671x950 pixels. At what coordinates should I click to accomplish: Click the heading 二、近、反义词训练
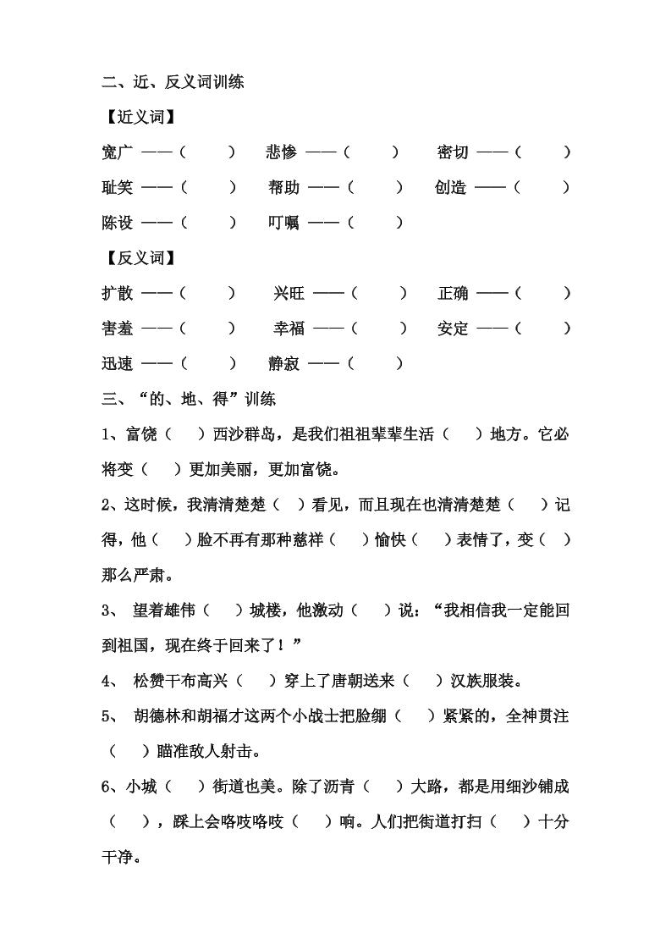tap(173, 82)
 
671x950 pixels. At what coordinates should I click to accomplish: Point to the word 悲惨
tap(281, 152)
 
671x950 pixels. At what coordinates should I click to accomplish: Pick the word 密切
tap(453, 152)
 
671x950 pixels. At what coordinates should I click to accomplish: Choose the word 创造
tap(451, 188)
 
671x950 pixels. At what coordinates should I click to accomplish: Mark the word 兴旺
tap(289, 293)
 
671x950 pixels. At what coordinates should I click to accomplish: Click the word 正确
tap(453, 293)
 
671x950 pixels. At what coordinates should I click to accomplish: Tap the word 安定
tap(453, 329)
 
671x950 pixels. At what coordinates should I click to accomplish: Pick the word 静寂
tap(283, 364)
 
